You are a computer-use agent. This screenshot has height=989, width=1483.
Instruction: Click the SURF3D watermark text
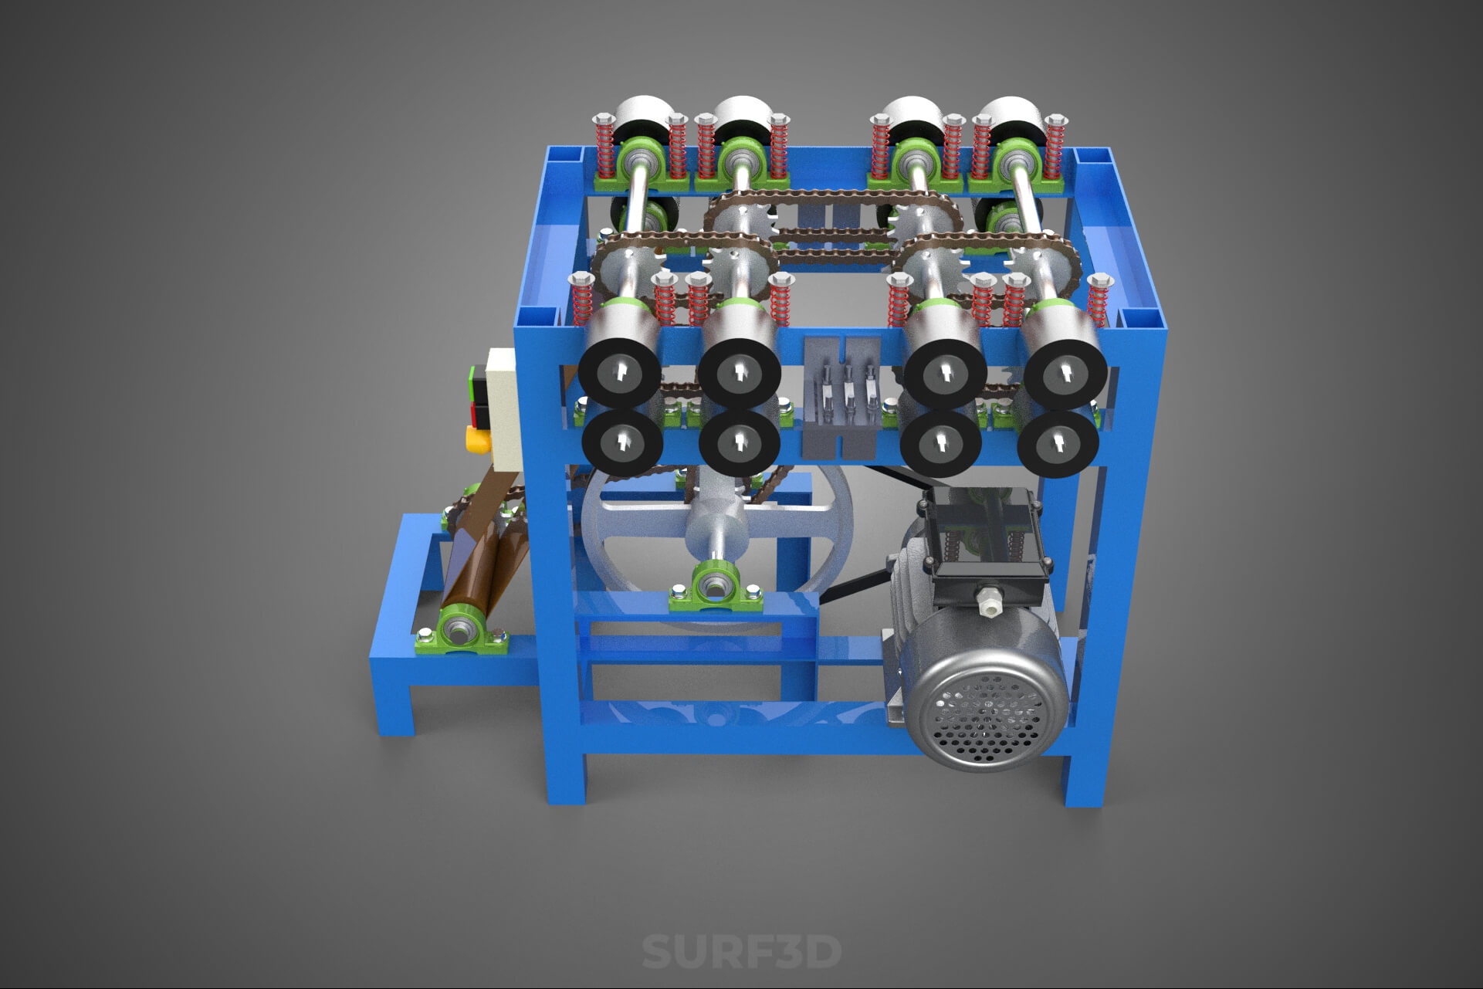(x=741, y=951)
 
